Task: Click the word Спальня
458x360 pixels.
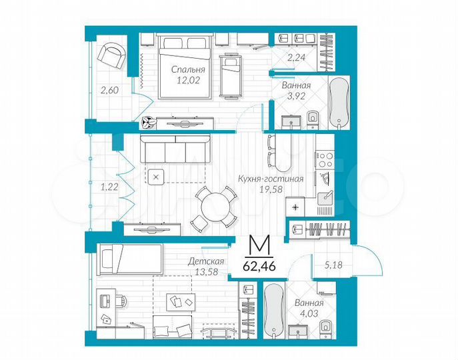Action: (186, 69)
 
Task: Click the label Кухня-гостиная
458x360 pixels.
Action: (271, 179)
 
